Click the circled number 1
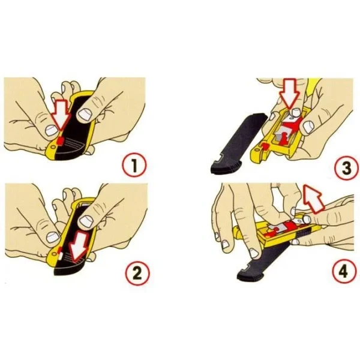[x=134, y=166]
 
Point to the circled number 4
[x=343, y=272]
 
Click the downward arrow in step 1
[x=61, y=115]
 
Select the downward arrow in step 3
[x=289, y=94]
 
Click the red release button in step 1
[x=60, y=140]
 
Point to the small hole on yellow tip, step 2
[x=55, y=253]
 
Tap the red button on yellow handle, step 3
[x=266, y=146]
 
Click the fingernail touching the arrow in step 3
[x=295, y=112]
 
